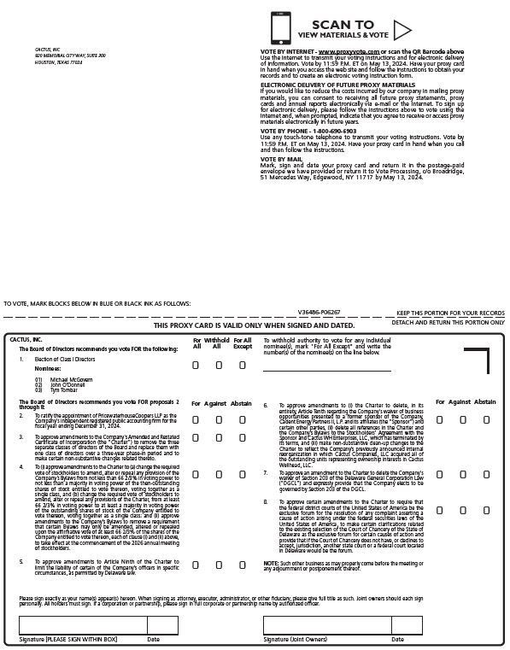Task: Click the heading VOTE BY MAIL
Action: pos(281,158)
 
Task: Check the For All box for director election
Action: pos(196,365)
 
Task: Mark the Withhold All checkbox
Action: pos(219,365)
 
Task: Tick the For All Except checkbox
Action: pos(242,365)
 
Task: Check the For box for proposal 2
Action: pos(196,419)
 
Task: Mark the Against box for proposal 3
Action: pos(219,440)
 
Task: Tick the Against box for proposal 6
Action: pos(463,419)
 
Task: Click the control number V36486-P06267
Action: pos(319,313)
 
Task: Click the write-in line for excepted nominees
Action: pos(326,371)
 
